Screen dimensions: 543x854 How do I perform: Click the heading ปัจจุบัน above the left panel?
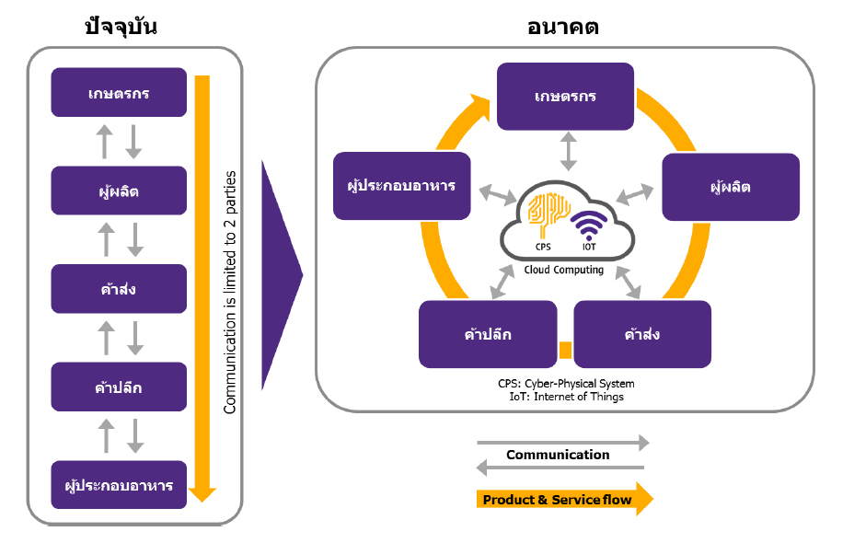click(121, 27)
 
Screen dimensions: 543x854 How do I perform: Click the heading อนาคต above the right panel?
click(563, 27)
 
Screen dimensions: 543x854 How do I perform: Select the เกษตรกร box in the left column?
click(120, 92)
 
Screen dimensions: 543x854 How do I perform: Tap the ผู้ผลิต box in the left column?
click(120, 191)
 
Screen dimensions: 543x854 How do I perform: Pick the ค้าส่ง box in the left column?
click(120, 289)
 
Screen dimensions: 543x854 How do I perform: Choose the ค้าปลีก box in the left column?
click(120, 387)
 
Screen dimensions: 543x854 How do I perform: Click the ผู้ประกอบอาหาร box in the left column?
click(120, 485)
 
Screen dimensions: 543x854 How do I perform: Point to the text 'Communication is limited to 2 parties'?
click(230, 292)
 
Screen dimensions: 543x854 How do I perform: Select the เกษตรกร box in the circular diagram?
click(565, 96)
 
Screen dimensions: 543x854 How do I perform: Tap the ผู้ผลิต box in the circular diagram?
click(731, 186)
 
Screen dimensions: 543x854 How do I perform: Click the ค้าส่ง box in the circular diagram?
click(642, 333)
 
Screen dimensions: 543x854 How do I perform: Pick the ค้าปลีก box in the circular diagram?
click(488, 333)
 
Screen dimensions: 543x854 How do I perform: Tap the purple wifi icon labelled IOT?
click(589, 225)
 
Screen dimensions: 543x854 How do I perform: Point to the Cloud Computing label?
click(564, 270)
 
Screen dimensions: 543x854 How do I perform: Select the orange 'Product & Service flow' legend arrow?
click(564, 500)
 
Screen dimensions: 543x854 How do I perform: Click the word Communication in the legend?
click(558, 455)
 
